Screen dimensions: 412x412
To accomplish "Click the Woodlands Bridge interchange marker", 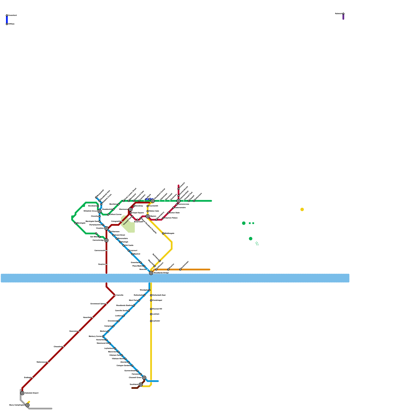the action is [x=151, y=273].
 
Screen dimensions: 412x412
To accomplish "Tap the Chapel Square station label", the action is [x=138, y=213].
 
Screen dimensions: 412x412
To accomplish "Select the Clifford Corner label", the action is [x=116, y=214].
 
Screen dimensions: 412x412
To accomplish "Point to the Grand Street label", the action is [x=120, y=235].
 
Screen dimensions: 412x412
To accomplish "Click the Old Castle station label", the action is [x=129, y=245].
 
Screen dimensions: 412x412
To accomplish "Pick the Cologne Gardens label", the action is [x=124, y=366].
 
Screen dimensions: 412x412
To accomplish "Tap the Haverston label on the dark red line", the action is [x=73, y=331].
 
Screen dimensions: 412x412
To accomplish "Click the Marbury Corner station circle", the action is [x=103, y=337].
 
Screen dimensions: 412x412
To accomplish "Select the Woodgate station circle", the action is [x=149, y=290].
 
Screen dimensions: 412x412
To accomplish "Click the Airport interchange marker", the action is [x=22, y=393].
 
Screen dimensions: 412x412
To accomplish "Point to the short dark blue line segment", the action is [x=7, y=20].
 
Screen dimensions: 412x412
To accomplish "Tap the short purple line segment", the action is [x=343, y=17].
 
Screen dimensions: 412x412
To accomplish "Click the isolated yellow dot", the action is [x=302, y=210].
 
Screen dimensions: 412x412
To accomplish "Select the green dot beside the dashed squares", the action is [x=244, y=223].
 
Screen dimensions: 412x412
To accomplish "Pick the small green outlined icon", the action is [x=257, y=244].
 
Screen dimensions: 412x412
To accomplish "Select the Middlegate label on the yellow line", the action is [x=169, y=234].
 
